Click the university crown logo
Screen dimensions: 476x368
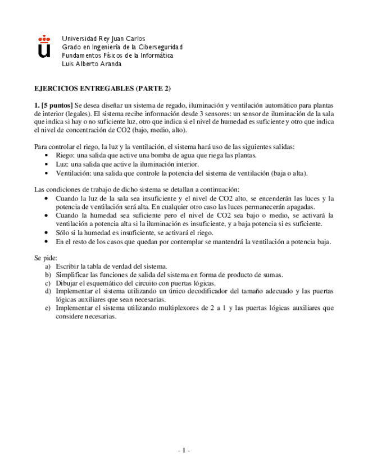(x=43, y=47)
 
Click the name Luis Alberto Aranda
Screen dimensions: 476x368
(x=92, y=64)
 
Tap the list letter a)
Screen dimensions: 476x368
(x=48, y=266)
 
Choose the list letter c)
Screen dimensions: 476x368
(x=48, y=283)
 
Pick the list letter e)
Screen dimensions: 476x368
(x=48, y=308)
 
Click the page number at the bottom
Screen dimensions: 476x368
(x=184, y=450)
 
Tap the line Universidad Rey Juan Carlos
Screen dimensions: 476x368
(x=103, y=39)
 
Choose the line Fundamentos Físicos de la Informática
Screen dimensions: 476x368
(x=117, y=56)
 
